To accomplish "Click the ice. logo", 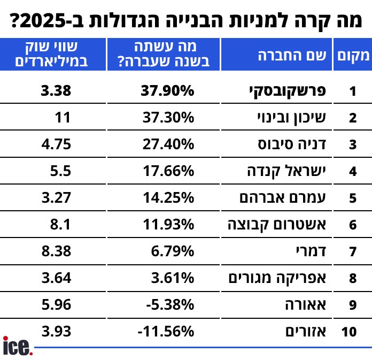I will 18,346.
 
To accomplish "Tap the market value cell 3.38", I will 56,91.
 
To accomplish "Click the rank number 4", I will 352,172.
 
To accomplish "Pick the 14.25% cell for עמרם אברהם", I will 167,198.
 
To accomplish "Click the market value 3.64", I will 56,278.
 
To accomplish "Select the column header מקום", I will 352,55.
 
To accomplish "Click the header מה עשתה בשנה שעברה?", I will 163,55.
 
